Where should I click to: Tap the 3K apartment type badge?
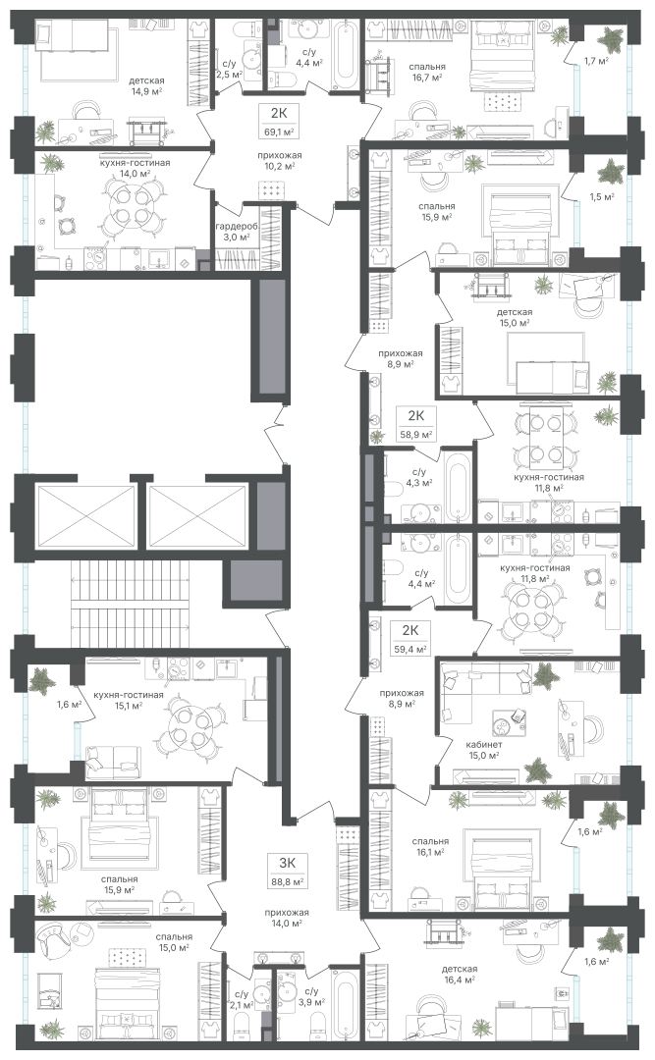(288, 862)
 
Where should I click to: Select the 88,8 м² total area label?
(288, 881)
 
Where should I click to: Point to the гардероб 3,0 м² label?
(234, 232)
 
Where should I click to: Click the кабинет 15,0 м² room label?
(484, 751)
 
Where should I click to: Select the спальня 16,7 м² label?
(427, 73)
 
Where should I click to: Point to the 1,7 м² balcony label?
(595, 61)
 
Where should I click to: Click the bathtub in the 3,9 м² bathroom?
(345, 1005)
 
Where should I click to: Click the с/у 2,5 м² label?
(229, 70)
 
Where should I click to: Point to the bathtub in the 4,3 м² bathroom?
(458, 487)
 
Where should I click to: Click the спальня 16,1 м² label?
(430, 846)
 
